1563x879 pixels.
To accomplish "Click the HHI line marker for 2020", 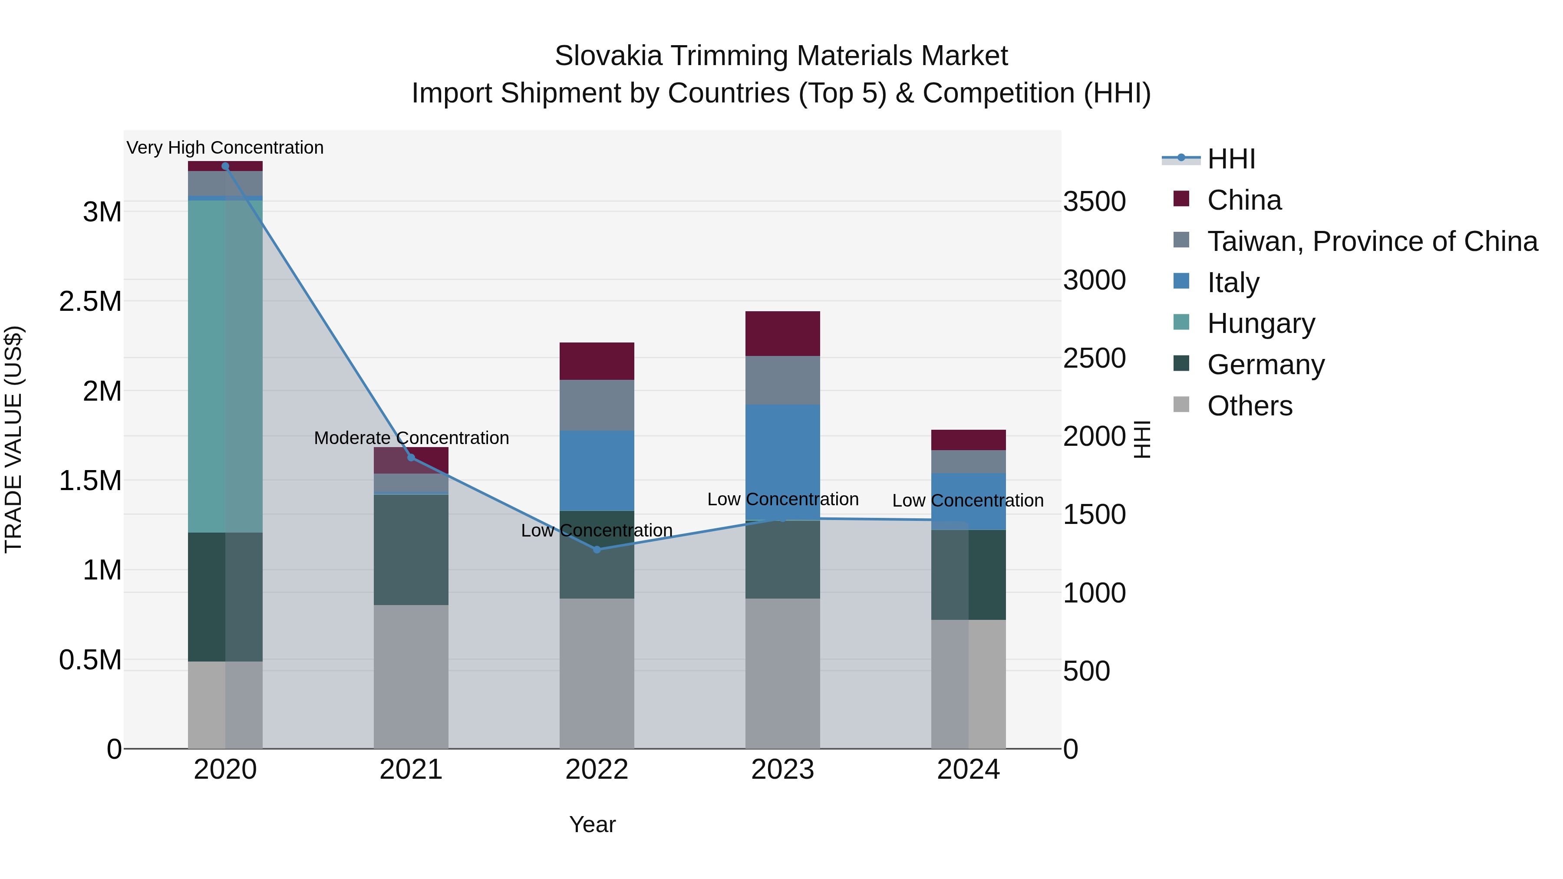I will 225,166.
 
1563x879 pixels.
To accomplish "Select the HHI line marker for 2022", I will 597,550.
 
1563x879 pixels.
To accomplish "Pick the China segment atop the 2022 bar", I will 597,361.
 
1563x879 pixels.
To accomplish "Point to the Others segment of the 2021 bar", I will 411,676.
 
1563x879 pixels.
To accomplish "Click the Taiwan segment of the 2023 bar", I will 782,380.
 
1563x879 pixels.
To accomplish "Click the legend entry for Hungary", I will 1260,323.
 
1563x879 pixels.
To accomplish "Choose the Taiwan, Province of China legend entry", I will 1371,241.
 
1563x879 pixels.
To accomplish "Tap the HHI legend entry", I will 1230,159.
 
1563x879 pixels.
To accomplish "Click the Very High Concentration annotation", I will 225,148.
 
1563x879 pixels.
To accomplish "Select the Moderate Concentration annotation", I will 411,438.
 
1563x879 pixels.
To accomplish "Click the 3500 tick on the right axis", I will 1094,201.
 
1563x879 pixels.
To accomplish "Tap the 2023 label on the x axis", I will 782,770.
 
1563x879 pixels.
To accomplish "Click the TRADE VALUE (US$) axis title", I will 14,439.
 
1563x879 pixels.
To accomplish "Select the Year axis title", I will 592,824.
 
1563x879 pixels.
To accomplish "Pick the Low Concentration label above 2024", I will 968,500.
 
